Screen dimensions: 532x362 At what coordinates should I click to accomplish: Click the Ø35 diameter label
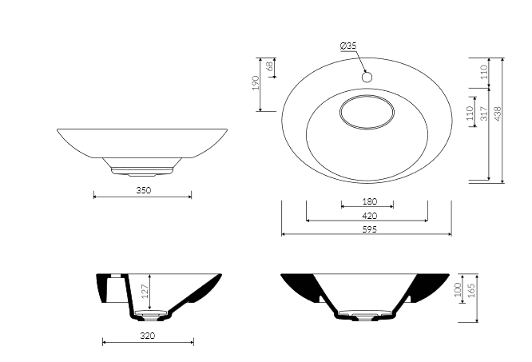point(348,46)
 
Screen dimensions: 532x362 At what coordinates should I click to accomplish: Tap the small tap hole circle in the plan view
point(367,78)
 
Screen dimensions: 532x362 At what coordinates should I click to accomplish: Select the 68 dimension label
point(270,66)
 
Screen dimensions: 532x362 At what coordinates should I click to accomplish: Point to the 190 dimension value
point(256,82)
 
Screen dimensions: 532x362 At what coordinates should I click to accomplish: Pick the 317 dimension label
point(484,113)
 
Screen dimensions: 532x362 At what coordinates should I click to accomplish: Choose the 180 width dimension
point(370,201)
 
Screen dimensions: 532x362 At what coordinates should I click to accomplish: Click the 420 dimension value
point(370,216)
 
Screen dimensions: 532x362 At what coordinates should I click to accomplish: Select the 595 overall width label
point(370,229)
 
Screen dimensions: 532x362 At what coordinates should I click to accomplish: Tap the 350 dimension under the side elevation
point(144,190)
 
